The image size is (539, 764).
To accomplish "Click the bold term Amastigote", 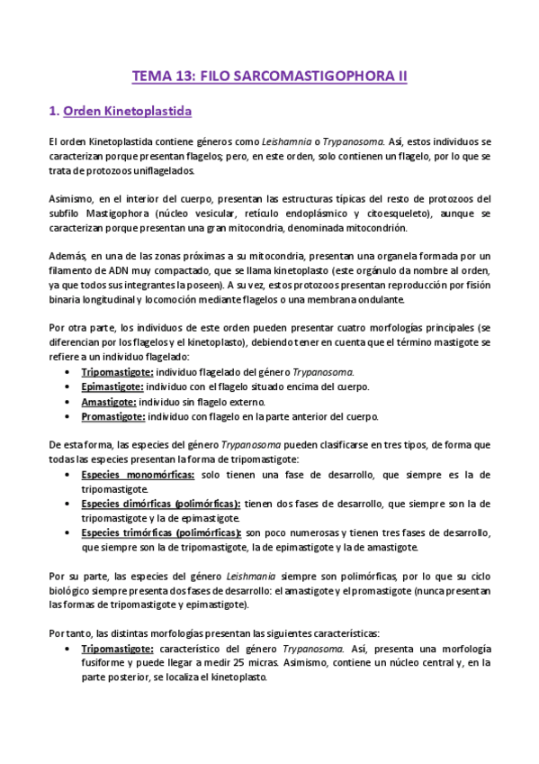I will tap(109, 402).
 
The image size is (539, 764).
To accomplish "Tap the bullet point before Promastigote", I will tap(69, 416).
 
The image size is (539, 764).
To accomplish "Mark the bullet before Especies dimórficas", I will tap(69, 503).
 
